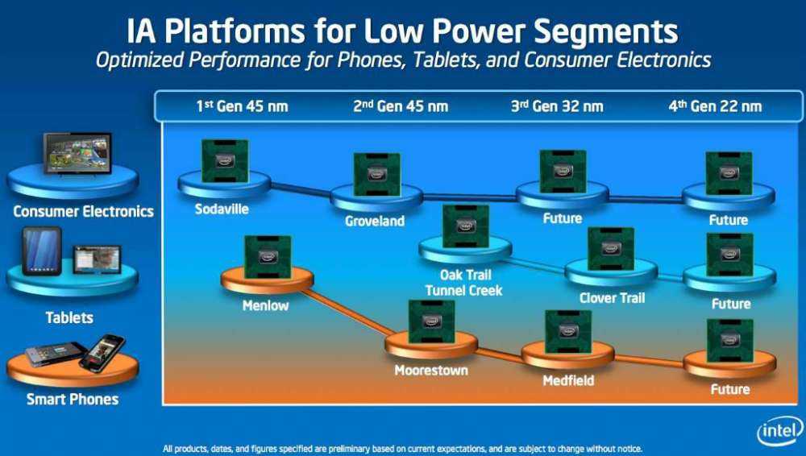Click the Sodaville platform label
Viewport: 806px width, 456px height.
point(221,209)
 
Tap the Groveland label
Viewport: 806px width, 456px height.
point(374,221)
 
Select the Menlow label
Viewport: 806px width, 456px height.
point(265,306)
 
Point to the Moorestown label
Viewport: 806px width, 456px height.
point(430,371)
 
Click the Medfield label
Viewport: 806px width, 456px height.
point(567,379)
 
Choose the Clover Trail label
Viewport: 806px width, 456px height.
point(612,298)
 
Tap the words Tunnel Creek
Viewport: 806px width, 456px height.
point(463,290)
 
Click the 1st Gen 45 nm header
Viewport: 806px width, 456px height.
point(241,106)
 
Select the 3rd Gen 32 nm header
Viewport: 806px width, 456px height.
point(557,106)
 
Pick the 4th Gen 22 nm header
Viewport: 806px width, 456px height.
point(715,106)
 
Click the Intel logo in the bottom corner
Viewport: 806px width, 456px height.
point(779,432)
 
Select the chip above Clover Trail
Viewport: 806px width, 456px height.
point(610,248)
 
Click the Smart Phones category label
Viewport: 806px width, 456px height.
point(72,400)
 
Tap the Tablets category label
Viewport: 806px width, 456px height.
point(69,318)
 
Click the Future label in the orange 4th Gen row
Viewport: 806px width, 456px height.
point(730,389)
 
